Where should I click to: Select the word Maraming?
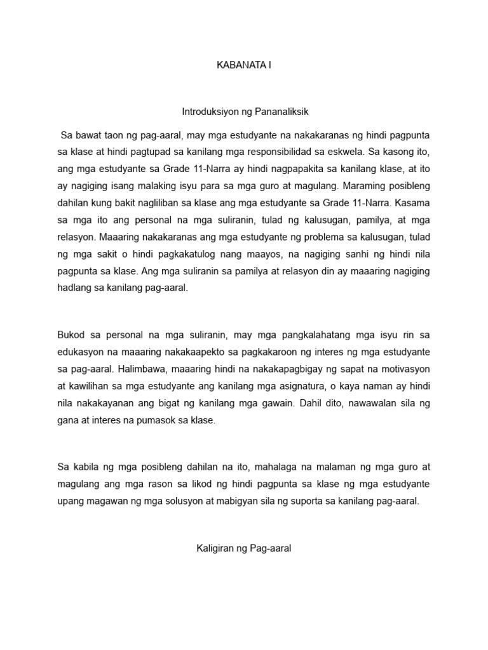click(x=369, y=187)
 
